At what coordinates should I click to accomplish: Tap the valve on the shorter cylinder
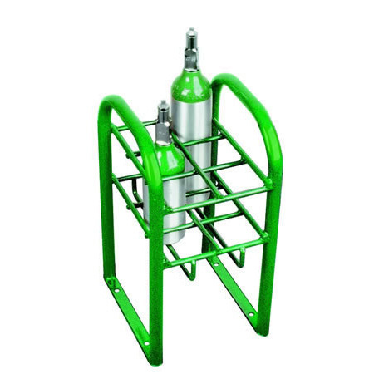pos(162,116)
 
